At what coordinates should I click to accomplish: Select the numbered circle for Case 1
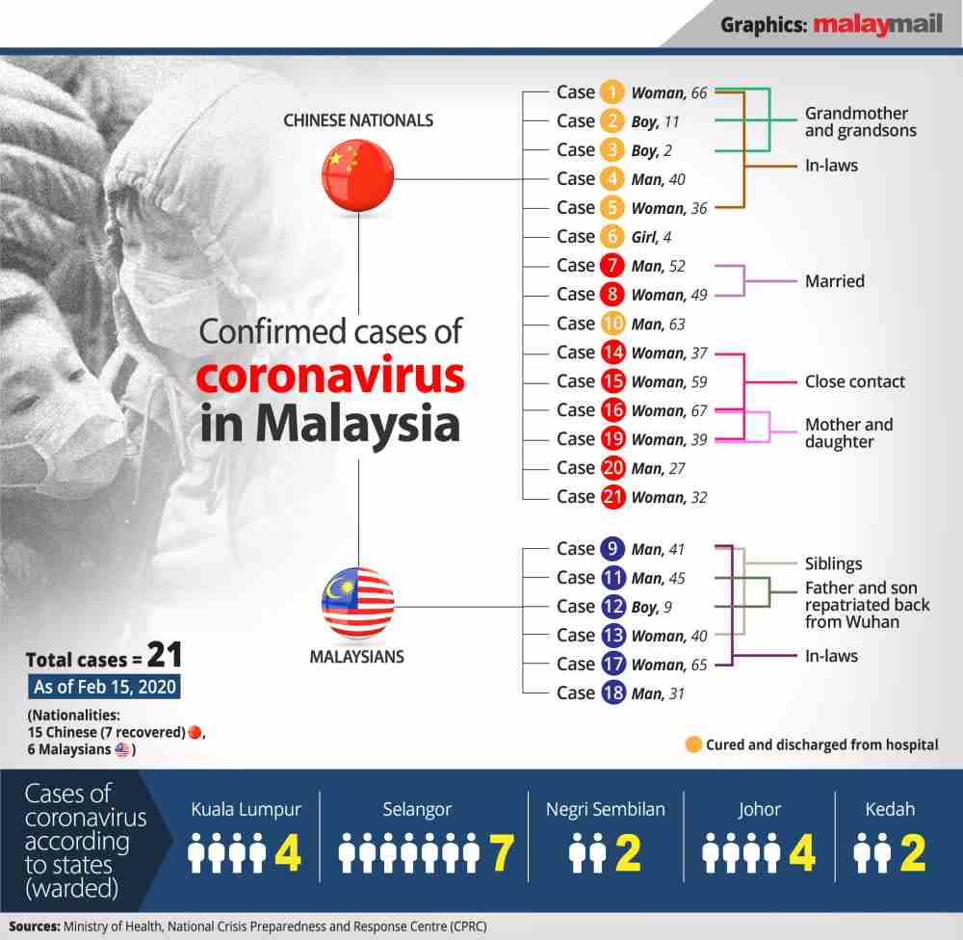(x=612, y=92)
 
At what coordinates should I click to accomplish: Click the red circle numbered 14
(x=612, y=352)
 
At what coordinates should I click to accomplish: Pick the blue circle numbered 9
(x=612, y=549)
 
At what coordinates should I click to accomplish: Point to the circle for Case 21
(x=612, y=497)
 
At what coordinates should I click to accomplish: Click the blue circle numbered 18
(x=612, y=693)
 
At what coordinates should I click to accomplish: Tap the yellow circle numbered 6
(x=612, y=237)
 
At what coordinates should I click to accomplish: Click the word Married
(x=834, y=281)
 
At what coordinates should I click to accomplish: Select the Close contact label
(x=854, y=381)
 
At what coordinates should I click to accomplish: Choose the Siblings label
(x=833, y=563)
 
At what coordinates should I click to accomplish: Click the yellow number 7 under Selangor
(x=501, y=852)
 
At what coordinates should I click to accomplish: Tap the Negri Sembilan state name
(x=605, y=809)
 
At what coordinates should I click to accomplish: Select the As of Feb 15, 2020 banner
(x=103, y=688)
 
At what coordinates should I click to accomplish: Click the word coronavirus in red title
(x=330, y=378)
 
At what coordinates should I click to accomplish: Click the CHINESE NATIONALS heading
(x=357, y=120)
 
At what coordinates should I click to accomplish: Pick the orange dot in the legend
(x=692, y=744)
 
